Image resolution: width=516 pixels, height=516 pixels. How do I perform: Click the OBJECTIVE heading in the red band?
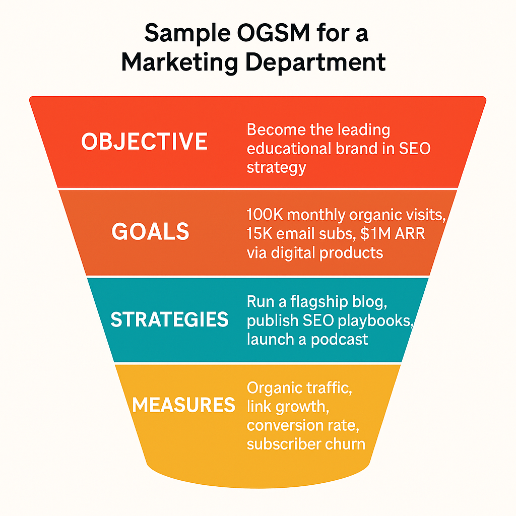tap(144, 142)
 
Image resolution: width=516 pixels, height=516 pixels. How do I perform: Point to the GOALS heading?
tap(150, 231)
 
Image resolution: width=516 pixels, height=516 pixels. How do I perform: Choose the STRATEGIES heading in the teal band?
tap(169, 319)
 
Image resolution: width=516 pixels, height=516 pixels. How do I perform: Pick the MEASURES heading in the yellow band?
tap(183, 405)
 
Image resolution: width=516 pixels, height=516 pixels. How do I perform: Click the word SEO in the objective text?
tap(415, 149)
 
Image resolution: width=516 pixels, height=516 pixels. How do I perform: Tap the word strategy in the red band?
tap(277, 168)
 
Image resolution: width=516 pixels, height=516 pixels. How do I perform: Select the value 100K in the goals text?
tap(265, 215)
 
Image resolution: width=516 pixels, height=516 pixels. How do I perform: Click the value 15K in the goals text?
tap(259, 234)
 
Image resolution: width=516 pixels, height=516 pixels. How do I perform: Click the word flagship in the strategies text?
tap(319, 302)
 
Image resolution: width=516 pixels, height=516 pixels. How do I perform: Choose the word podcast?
tap(339, 340)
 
